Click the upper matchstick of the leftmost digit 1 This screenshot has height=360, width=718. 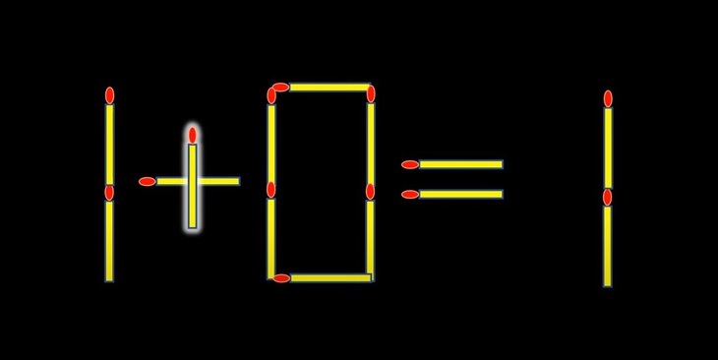(109, 143)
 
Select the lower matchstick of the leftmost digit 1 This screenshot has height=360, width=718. (109, 238)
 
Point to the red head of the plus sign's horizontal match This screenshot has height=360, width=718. (148, 181)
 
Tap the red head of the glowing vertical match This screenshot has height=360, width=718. (193, 135)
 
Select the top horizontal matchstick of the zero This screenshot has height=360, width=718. (327, 88)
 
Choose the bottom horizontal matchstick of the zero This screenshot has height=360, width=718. (329, 278)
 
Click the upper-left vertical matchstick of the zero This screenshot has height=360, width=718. (271, 140)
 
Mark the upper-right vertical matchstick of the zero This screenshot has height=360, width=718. (371, 140)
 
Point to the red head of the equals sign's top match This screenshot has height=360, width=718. (410, 164)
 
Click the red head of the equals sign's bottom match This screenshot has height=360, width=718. (410, 194)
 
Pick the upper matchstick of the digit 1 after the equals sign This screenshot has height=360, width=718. (608, 146)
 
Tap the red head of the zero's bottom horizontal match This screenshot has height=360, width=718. (282, 278)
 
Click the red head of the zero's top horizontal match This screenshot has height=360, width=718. (280, 88)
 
